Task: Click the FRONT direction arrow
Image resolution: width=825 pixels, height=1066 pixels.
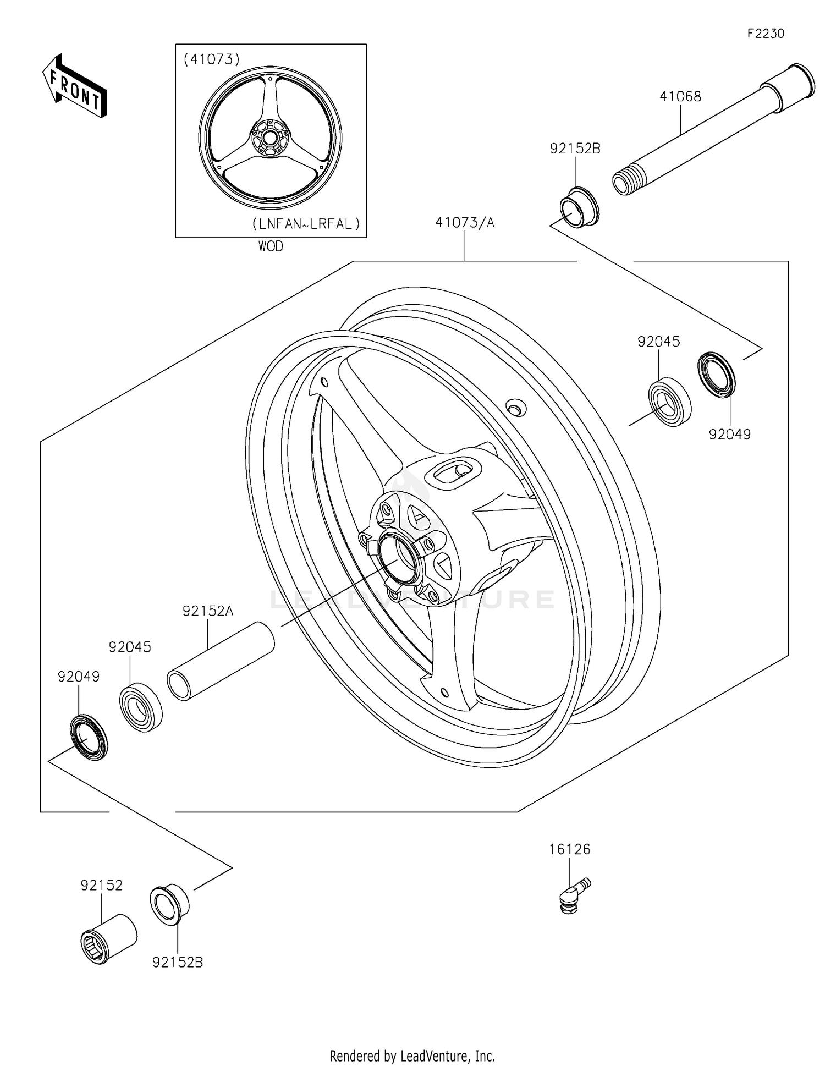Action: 74,86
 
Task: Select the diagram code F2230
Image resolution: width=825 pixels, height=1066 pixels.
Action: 765,34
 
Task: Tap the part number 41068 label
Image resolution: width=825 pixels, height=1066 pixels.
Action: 680,97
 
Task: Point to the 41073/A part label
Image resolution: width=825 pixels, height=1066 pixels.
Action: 465,223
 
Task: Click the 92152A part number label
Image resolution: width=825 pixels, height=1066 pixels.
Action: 208,611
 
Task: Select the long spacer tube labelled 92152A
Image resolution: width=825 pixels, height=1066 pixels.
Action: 221,660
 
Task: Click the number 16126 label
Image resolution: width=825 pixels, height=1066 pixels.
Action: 569,850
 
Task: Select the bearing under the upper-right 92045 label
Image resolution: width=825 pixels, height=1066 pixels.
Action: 669,403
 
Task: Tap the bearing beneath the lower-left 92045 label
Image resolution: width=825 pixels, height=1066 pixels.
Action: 141,708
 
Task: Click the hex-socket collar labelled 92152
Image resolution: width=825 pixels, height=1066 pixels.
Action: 108,938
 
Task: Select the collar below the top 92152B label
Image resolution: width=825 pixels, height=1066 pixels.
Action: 579,207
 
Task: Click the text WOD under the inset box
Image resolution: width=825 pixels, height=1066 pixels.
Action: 271,246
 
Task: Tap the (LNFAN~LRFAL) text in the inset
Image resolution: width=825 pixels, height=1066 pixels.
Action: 306,224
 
